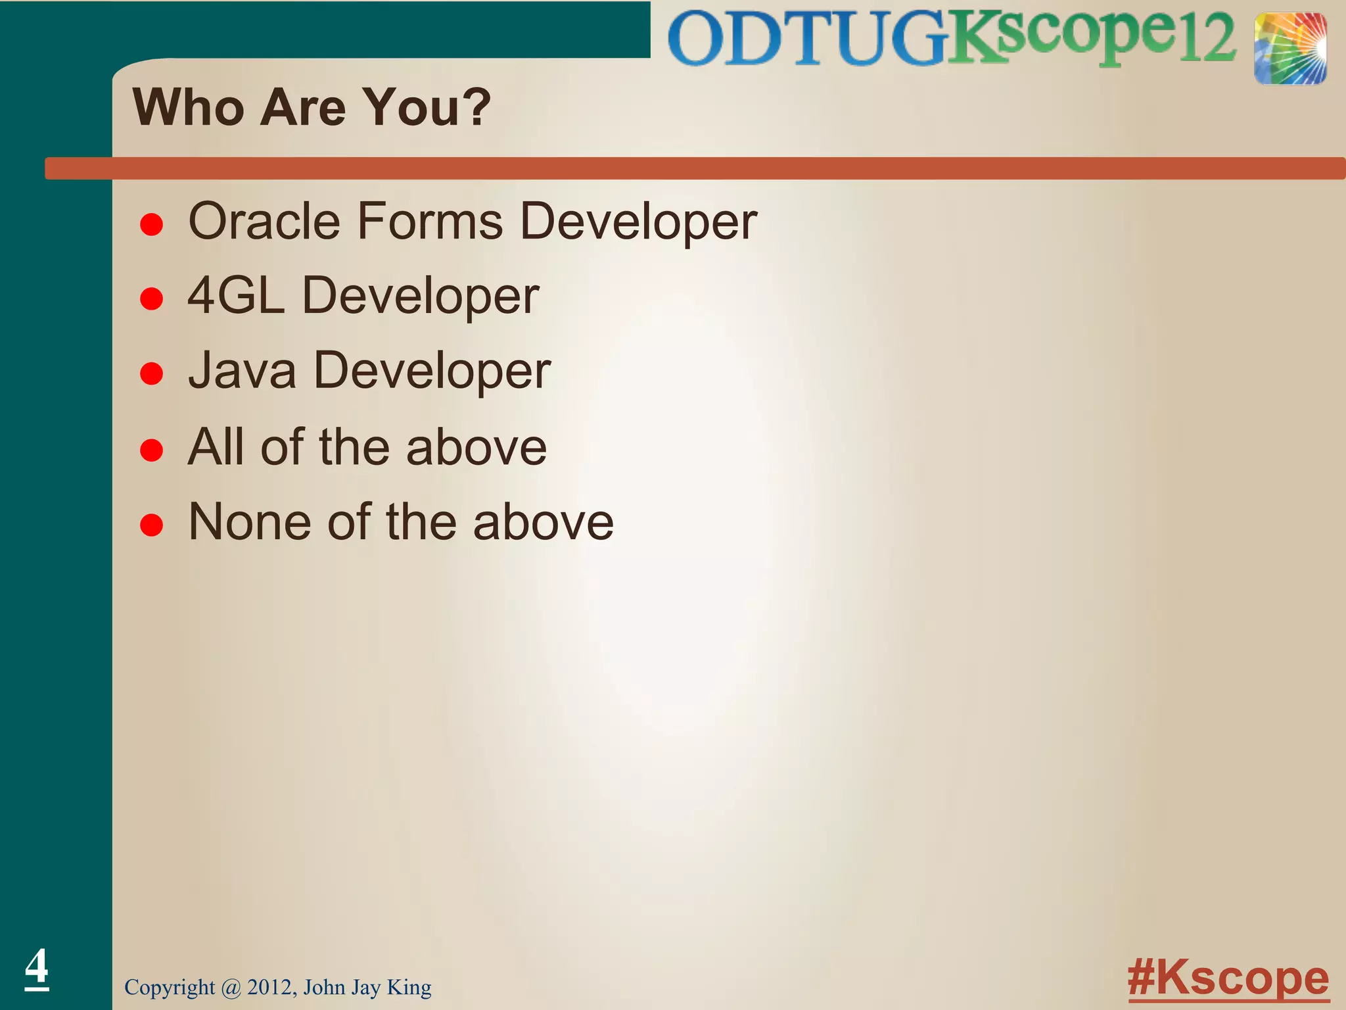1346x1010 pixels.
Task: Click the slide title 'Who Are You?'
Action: click(x=312, y=107)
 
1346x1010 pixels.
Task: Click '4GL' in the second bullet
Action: click(x=236, y=296)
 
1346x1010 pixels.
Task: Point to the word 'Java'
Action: click(x=242, y=371)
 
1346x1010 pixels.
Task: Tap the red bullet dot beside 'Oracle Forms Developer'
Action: click(x=152, y=225)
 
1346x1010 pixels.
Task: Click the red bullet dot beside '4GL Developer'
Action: click(x=152, y=299)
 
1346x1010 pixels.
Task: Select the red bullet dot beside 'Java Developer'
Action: click(x=152, y=374)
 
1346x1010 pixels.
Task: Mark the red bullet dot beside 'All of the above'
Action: click(x=152, y=450)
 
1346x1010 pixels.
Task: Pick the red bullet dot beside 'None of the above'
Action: click(x=152, y=525)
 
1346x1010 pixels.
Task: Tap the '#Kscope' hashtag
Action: click(x=1228, y=978)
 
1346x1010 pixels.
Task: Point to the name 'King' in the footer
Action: click(x=409, y=987)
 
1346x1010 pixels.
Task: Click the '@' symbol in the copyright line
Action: click(x=231, y=988)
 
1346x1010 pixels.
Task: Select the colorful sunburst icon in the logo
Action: click(x=1289, y=49)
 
